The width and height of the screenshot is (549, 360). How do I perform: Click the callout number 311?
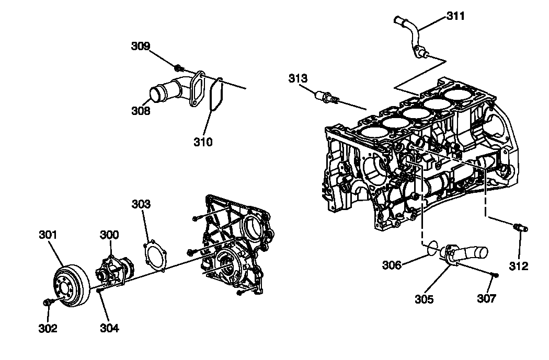tap(455, 16)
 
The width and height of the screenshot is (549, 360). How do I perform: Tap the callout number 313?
tap(298, 78)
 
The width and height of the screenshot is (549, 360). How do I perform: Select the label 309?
tap(140, 47)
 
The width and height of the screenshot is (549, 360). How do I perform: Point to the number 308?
tap(141, 111)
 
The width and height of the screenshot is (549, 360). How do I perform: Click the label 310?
tap(203, 142)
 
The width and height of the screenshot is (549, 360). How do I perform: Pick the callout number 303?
tap(141, 204)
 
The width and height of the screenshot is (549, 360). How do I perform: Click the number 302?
tap(48, 329)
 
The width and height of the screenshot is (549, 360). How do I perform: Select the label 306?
tap(392, 265)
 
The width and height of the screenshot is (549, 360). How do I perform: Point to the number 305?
tap(424, 299)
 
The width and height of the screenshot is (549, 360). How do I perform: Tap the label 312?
tap(519, 266)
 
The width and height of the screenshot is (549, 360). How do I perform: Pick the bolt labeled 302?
tap(48, 302)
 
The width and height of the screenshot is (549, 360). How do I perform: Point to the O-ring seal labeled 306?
tap(432, 246)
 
